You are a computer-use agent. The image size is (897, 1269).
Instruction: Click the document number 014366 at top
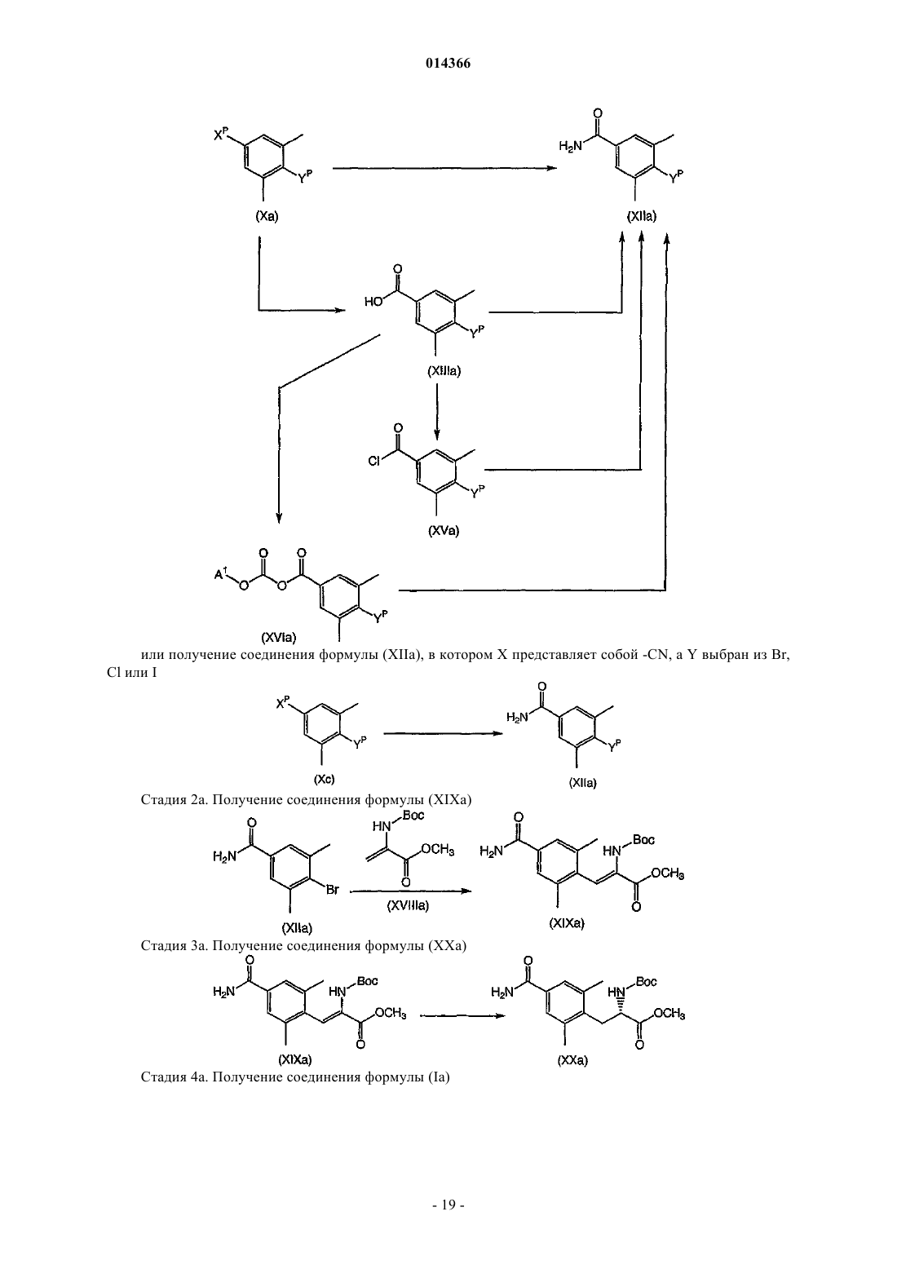click(448, 64)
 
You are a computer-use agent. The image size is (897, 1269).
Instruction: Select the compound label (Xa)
click(267, 216)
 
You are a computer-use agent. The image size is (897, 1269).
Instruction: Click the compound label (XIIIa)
click(444, 372)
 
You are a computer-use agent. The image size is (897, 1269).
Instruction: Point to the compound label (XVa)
click(444, 531)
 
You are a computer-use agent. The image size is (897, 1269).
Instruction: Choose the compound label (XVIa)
click(279, 637)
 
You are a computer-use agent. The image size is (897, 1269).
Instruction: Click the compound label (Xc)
click(324, 779)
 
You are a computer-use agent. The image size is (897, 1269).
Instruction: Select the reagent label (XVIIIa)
click(408, 905)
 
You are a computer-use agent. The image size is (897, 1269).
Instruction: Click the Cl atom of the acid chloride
click(373, 462)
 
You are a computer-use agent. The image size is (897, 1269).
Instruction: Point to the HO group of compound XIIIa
click(373, 302)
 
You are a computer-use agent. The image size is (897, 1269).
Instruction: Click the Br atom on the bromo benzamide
click(333, 890)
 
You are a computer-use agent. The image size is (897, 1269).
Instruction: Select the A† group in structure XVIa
click(221, 573)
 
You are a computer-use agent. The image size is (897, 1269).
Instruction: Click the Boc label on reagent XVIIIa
click(413, 816)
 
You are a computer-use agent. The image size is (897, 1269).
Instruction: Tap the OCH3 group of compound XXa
click(669, 1014)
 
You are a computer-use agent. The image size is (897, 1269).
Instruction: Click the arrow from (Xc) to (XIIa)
click(444, 734)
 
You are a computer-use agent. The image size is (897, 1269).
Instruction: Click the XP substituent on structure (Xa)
click(221, 135)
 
